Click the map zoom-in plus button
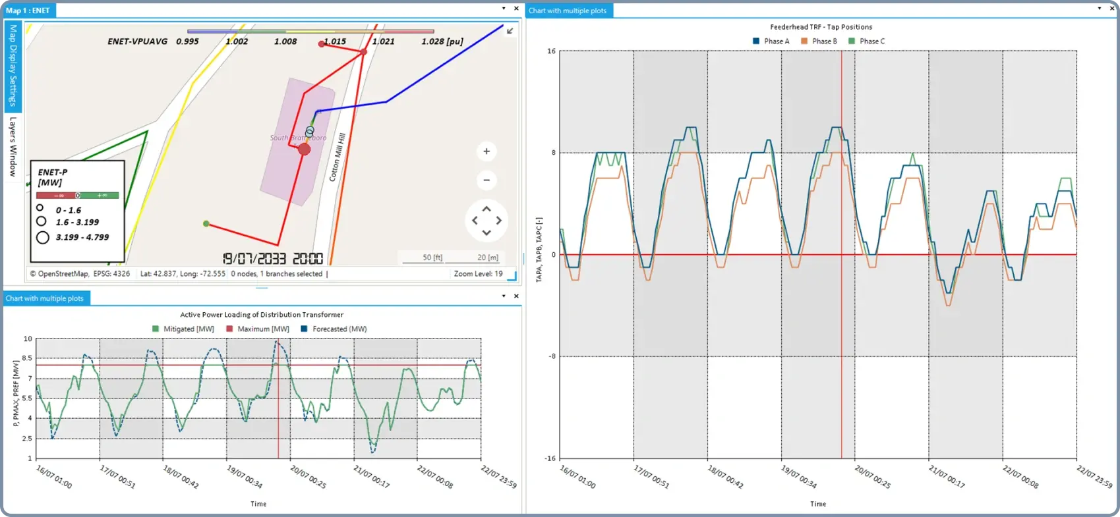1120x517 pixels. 486,151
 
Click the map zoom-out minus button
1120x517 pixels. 486,180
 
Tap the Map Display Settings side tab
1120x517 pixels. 13,65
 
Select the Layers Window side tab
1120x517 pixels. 13,146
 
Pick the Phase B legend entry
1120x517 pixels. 819,41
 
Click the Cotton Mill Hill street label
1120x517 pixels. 337,157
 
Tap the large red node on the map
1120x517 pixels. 304,150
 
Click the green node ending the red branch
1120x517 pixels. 206,224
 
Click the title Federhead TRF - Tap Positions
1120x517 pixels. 821,27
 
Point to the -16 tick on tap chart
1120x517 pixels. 551,458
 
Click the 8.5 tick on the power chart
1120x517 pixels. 27,358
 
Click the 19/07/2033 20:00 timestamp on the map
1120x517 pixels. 272,259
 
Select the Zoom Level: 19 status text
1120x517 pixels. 478,274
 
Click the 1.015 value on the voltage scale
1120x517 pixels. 334,41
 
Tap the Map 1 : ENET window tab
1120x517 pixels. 28,11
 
